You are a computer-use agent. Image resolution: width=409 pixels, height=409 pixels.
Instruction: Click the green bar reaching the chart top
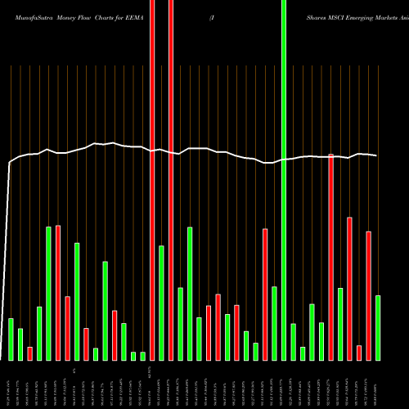click(x=284, y=180)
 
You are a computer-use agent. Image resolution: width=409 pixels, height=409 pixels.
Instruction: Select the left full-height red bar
click(x=152, y=180)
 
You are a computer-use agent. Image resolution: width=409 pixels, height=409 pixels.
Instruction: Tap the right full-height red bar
click(x=171, y=180)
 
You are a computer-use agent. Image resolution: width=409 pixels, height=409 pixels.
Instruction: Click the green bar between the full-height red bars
click(x=161, y=303)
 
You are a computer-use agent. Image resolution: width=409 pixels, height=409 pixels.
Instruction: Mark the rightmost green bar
click(x=378, y=327)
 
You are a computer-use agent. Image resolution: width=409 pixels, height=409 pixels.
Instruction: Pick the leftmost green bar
click(x=11, y=339)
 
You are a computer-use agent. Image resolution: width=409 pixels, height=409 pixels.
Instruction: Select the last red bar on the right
click(x=368, y=295)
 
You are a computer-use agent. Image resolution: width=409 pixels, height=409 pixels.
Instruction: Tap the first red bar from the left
click(x=30, y=353)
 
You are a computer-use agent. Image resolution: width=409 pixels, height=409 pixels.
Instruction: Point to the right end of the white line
click(x=376, y=155)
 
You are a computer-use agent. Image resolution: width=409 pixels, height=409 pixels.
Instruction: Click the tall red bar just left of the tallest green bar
click(x=265, y=294)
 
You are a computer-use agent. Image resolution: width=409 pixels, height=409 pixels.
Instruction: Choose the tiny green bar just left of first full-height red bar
click(x=142, y=356)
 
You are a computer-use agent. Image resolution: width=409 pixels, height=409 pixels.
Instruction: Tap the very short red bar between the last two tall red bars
click(x=359, y=353)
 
